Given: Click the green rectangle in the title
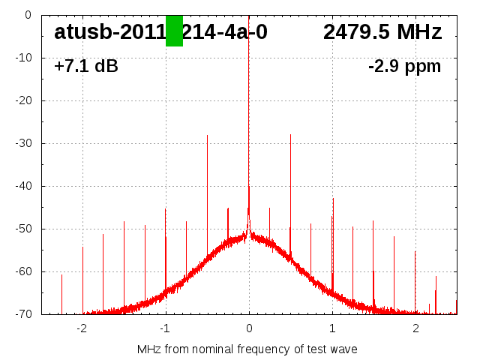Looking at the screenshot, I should coord(174,31).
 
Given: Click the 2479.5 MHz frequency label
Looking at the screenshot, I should coord(382,32).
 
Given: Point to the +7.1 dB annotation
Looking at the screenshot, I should coord(85,67).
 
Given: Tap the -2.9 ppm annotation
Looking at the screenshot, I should coord(404,67).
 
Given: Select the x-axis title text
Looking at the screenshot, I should coord(247,349).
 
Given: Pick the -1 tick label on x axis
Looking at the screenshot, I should coord(164,328).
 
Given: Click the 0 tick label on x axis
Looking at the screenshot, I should coord(249,328).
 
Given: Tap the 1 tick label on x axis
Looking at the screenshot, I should coord(332,328).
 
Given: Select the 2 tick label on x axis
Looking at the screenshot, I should coord(415,328).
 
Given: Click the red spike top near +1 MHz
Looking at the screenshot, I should coord(333,199).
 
